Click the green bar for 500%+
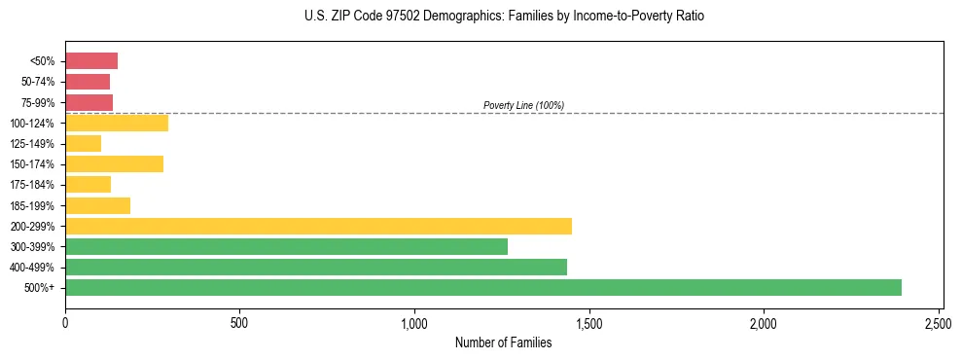(x=483, y=287)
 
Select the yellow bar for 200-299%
(x=318, y=226)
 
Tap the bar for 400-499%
(x=316, y=267)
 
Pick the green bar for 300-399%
(x=286, y=246)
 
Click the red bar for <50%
(x=91, y=61)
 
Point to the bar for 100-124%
(x=117, y=123)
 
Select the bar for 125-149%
(x=83, y=144)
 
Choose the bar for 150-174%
(x=114, y=163)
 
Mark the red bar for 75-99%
(x=89, y=102)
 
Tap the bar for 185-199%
(x=97, y=205)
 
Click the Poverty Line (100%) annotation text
(x=523, y=105)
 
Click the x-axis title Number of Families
(x=503, y=342)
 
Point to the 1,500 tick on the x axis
(x=588, y=322)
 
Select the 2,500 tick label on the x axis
(x=939, y=322)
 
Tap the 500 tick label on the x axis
(x=239, y=322)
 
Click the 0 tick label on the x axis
(x=65, y=322)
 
